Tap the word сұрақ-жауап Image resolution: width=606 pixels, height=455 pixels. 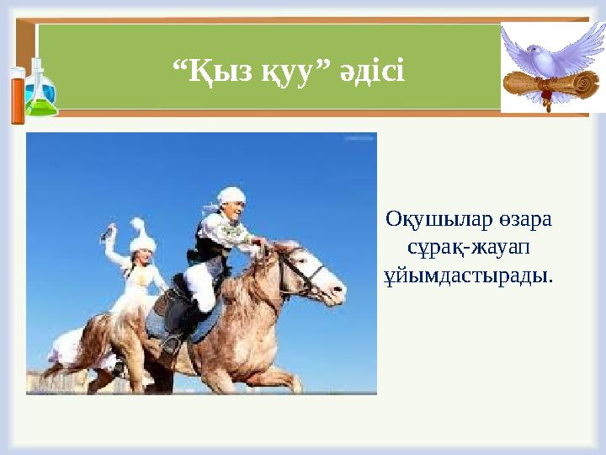click(x=468, y=248)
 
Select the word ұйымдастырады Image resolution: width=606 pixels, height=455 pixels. click(x=468, y=276)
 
